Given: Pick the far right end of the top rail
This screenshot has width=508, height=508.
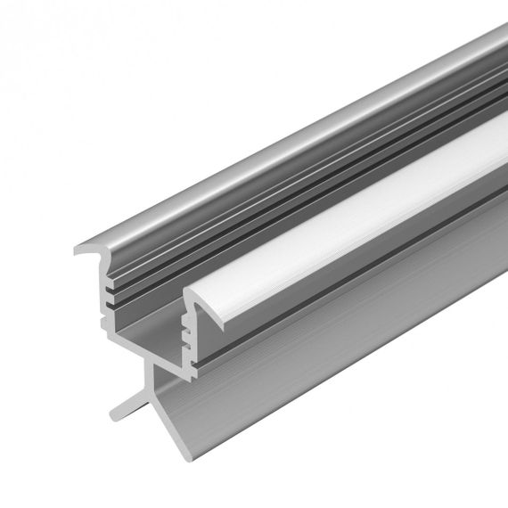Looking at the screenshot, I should tap(499, 40).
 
